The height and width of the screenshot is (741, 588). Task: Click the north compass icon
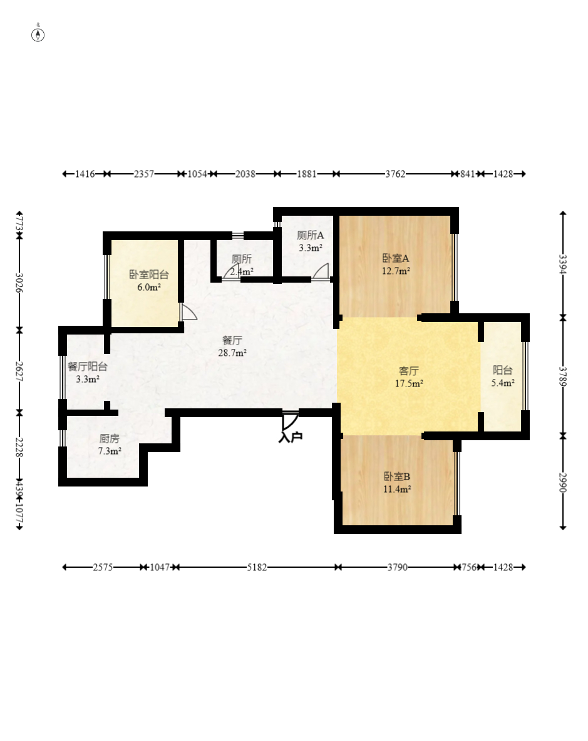(38, 34)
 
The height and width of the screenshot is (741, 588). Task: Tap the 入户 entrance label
(290, 437)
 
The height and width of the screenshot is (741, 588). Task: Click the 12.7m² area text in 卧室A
(396, 271)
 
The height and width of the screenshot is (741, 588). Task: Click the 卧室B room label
(396, 476)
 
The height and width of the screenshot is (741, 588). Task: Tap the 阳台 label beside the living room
(503, 370)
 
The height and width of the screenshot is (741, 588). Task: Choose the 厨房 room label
(110, 438)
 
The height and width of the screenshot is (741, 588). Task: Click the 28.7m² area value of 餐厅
(232, 353)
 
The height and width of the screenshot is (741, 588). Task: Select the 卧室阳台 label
(149, 275)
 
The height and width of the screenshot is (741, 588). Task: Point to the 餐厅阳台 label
(87, 367)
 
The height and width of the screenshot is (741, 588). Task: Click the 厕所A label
(311, 236)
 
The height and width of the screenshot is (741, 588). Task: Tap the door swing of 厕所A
(321, 271)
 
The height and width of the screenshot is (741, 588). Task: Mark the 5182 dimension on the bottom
(257, 567)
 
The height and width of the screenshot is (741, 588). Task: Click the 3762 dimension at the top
(395, 174)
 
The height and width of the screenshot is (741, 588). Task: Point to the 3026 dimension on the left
(19, 283)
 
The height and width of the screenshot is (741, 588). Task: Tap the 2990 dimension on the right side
(563, 481)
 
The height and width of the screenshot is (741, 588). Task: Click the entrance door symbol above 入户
(289, 420)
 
